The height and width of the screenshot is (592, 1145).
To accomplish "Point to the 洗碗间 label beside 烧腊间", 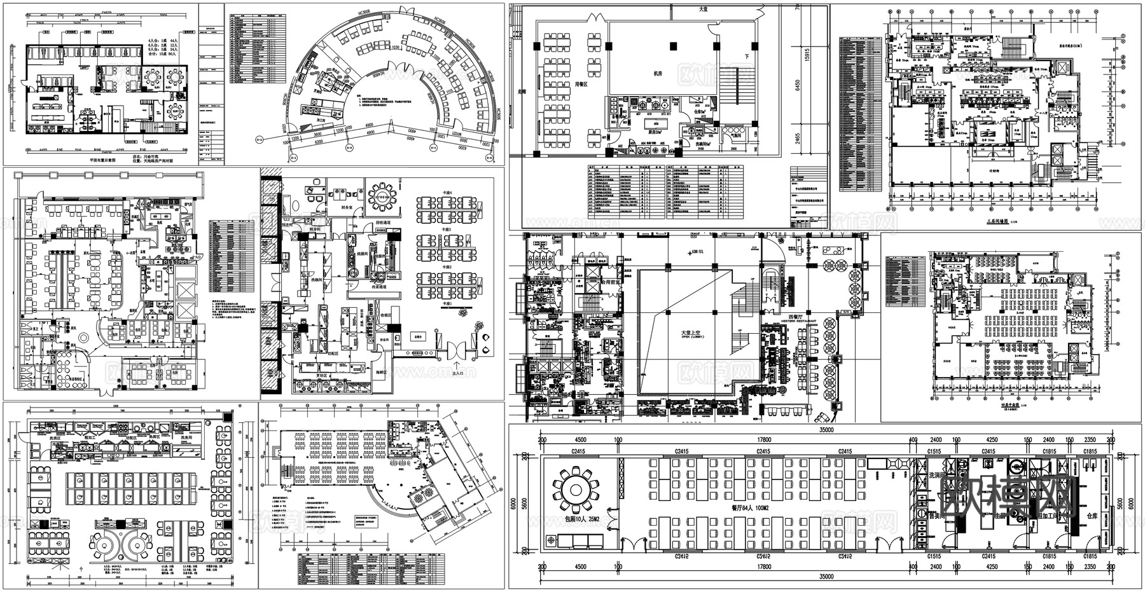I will tap(317, 280).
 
